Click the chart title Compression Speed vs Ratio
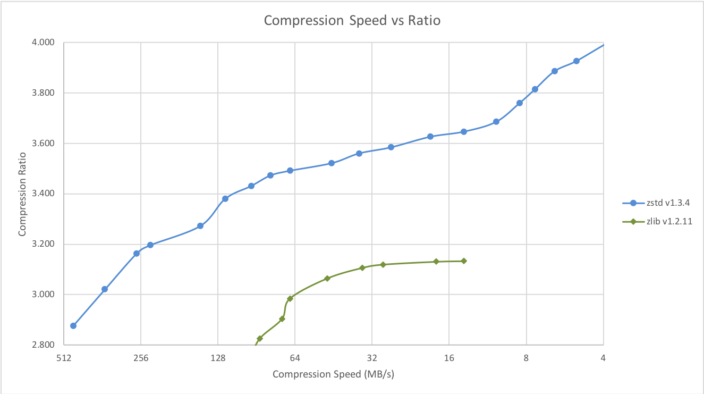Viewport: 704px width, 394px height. click(352, 21)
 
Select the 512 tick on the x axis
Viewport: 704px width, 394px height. click(64, 358)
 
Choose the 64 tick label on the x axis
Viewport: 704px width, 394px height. click(295, 358)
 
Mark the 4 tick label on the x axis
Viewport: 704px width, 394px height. click(603, 358)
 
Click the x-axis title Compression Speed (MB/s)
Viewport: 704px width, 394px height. click(333, 374)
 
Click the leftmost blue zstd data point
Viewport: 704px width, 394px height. click(73, 325)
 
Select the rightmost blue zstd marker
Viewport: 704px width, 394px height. click(576, 61)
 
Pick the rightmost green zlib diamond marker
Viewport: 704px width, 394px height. click(464, 261)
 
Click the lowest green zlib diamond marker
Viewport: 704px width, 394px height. click(260, 339)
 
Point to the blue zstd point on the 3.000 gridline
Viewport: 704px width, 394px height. click(105, 289)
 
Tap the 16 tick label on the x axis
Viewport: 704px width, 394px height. click(449, 358)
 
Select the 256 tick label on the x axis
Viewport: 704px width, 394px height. click(141, 358)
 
